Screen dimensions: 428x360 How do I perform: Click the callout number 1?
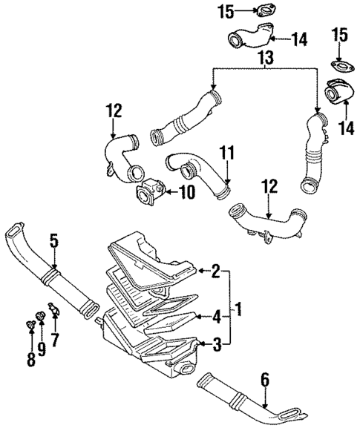pyautogui.click(x=238, y=306)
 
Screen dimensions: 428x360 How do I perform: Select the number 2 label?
pyautogui.click(x=215, y=271)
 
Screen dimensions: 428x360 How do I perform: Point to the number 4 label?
pyautogui.click(x=215, y=317)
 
